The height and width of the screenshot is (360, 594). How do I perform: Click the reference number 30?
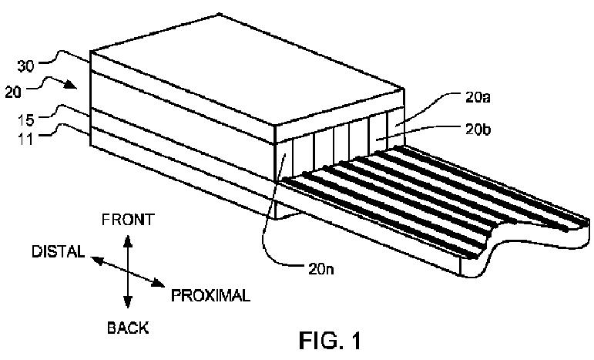point(25,66)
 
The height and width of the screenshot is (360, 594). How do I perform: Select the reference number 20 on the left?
point(14,92)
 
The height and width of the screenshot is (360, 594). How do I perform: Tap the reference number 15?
point(26,120)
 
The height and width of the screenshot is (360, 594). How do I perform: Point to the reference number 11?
point(26,139)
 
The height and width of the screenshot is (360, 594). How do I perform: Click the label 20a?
point(478,98)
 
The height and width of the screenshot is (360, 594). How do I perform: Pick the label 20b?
point(478,130)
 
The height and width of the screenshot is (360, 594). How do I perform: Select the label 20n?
point(321,269)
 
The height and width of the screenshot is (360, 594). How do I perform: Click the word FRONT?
point(128,220)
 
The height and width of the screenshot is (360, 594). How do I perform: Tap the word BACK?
point(128,328)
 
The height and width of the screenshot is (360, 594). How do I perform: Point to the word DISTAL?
point(58,251)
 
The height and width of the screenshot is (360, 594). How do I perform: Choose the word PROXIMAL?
point(210,295)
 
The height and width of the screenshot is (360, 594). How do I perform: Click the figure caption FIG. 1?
point(330,340)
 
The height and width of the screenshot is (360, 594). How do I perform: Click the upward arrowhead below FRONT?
point(128,241)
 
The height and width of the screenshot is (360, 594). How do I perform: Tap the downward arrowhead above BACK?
point(128,301)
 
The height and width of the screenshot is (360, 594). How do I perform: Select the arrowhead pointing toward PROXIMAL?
point(158,283)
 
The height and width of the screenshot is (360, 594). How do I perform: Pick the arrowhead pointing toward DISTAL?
point(97,260)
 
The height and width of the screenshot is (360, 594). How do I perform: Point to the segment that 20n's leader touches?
point(285,160)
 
